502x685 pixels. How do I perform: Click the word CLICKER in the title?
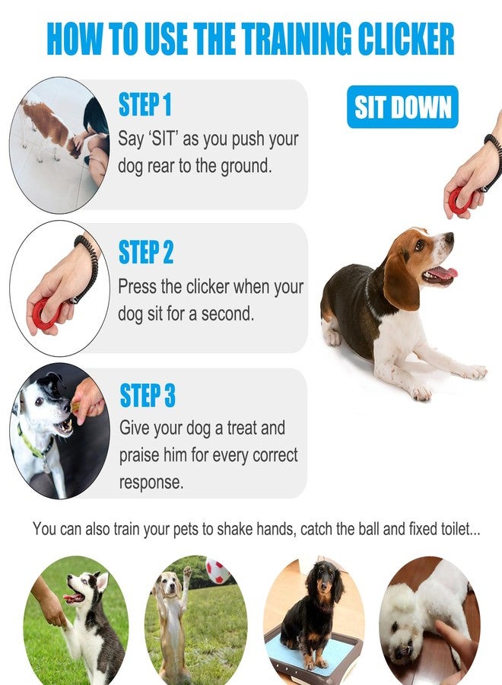click(406, 39)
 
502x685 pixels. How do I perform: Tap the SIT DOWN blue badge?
click(402, 107)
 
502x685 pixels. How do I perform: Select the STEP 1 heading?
click(145, 104)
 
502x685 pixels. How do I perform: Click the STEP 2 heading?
click(146, 252)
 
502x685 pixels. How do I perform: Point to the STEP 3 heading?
click(148, 395)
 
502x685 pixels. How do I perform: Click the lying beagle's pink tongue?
click(443, 273)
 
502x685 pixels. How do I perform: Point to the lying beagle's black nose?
click(449, 237)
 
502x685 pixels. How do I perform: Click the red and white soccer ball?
click(217, 571)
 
